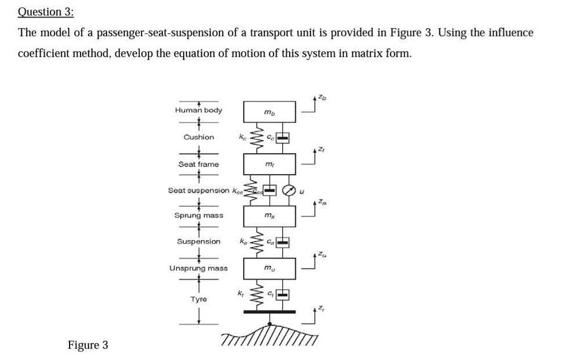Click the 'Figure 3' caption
88,345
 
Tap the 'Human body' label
198,110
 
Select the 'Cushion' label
199,137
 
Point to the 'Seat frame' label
198,164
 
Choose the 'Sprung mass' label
198,215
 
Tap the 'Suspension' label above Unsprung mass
198,242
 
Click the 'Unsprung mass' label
198,268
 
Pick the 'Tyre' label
198,299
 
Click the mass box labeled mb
270,112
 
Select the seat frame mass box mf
270,164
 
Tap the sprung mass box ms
270,216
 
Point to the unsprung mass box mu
270,268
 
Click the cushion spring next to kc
256,138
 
